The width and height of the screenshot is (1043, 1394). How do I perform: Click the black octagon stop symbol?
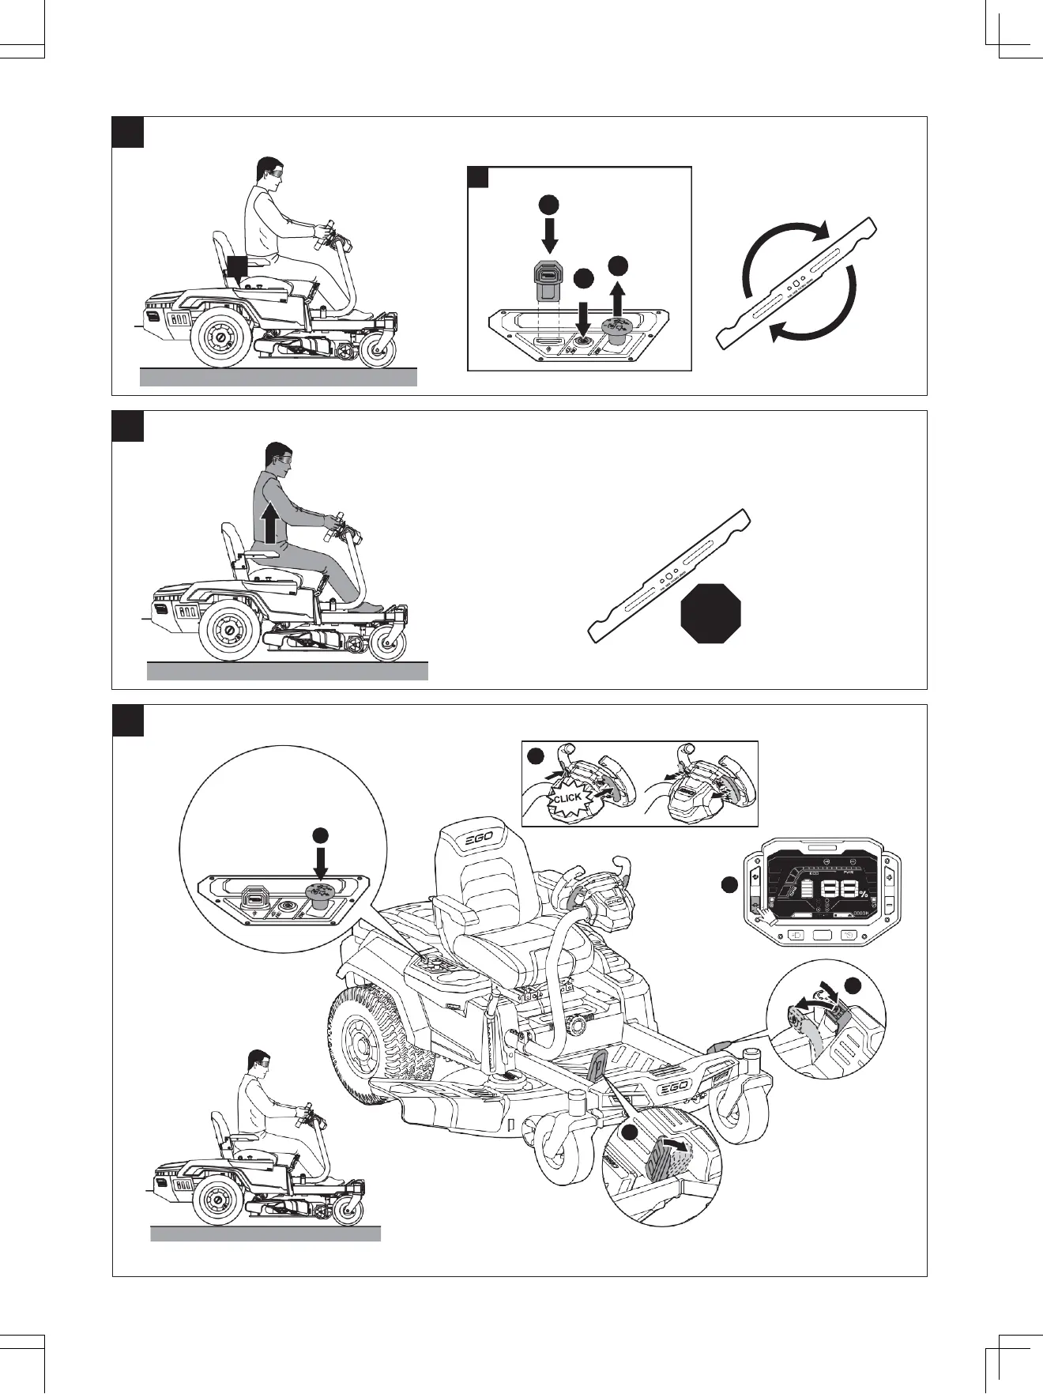click(x=710, y=613)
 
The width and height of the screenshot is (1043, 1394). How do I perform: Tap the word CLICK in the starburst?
click(x=567, y=798)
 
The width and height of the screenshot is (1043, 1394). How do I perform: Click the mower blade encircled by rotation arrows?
click(x=798, y=283)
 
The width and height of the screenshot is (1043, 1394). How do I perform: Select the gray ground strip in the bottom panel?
click(x=265, y=1234)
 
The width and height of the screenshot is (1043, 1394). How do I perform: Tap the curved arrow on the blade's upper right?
click(x=814, y=229)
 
